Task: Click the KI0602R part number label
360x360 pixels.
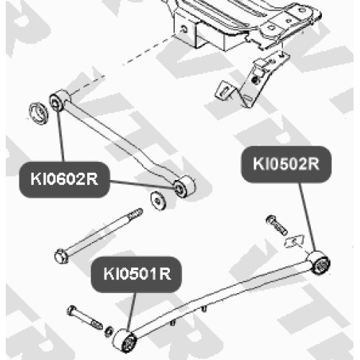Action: pos(64,179)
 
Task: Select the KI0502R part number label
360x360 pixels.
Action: pos(286,164)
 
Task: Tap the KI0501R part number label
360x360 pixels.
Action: pos(137,274)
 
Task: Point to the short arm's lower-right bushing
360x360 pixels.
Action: pos(184,186)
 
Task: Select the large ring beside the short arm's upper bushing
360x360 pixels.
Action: pos(38,113)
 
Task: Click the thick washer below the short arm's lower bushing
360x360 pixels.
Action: pos(158,201)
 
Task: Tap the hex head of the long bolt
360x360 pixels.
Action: pos(61,256)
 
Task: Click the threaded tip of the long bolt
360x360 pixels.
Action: pos(135,214)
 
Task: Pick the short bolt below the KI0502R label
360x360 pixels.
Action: pos(276,225)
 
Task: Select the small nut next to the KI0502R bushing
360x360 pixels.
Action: pos(294,241)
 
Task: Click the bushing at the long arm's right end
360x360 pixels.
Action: pos(319,263)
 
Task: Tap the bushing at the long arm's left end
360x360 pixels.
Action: pos(125,341)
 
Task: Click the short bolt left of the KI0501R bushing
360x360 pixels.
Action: pos(84,318)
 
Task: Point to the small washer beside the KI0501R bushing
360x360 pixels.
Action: pos(109,331)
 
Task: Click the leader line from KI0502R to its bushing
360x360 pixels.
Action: pos(307,217)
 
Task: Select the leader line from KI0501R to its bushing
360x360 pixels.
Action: pos(132,312)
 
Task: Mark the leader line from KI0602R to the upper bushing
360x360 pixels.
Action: pos(60,135)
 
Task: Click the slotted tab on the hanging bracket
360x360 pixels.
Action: pos(225,91)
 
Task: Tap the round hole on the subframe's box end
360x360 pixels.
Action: pos(184,30)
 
